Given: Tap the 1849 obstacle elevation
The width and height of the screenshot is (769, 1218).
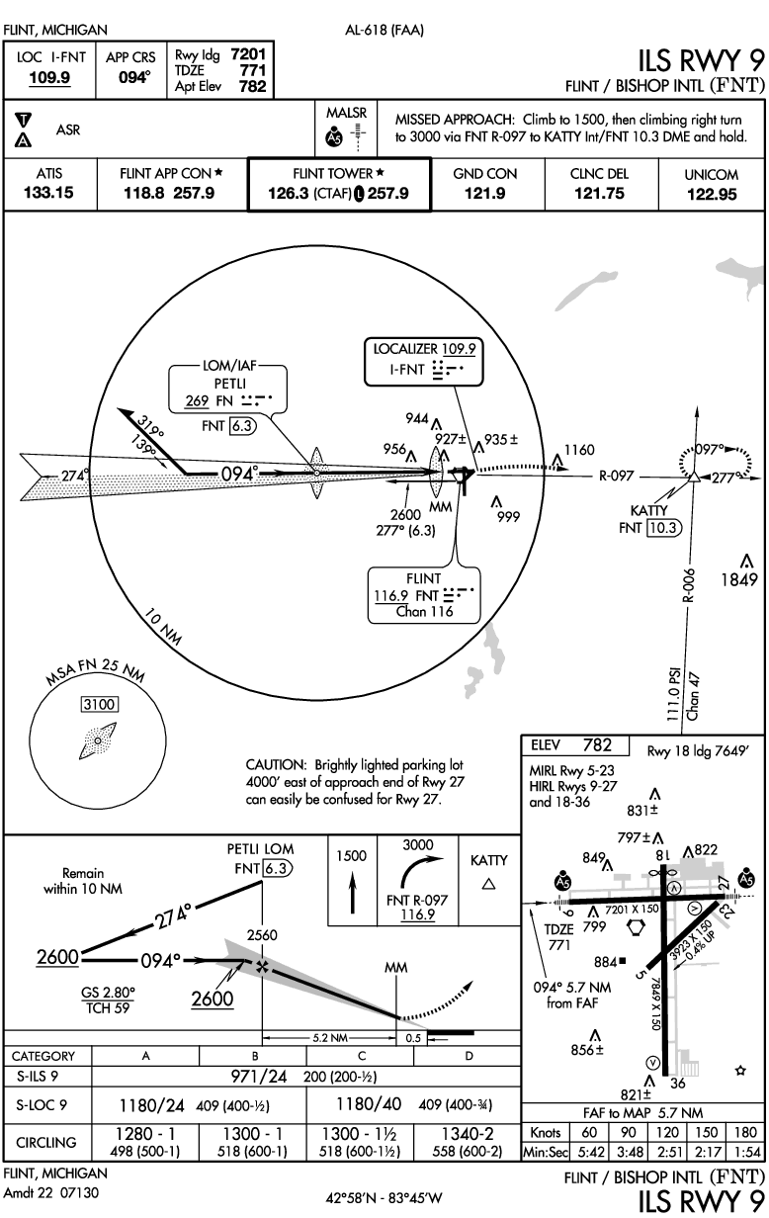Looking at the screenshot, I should tap(740, 579).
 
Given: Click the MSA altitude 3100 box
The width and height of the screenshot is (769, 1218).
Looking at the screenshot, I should tap(97, 705).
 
